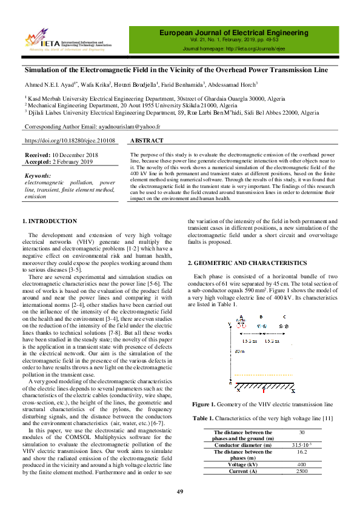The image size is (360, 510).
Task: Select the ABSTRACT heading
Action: click(x=147, y=141)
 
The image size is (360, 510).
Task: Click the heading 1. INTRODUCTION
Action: click(x=58, y=221)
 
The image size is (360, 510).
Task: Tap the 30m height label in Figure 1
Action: click(x=238, y=351)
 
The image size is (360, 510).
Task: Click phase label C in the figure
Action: click(x=285, y=317)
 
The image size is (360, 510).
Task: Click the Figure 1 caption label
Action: click(x=208, y=404)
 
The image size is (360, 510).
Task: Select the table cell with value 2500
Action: click(x=302, y=471)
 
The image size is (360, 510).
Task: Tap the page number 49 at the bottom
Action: click(x=179, y=491)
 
